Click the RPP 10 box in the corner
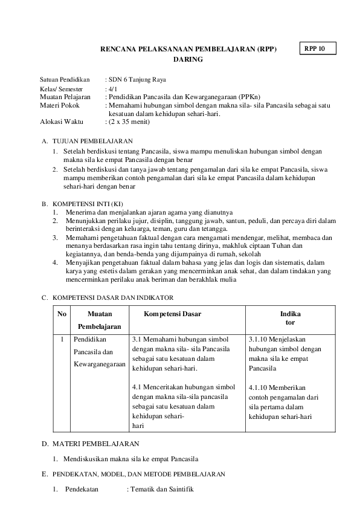tap(317, 48)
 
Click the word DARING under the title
tap(188, 60)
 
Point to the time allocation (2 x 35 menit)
tap(129, 122)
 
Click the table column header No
tap(62, 314)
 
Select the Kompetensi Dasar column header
tap(173, 314)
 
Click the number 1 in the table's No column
tap(62, 340)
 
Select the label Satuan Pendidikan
tap(65, 80)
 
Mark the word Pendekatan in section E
tap(82, 489)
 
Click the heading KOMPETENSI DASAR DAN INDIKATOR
tap(113, 298)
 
